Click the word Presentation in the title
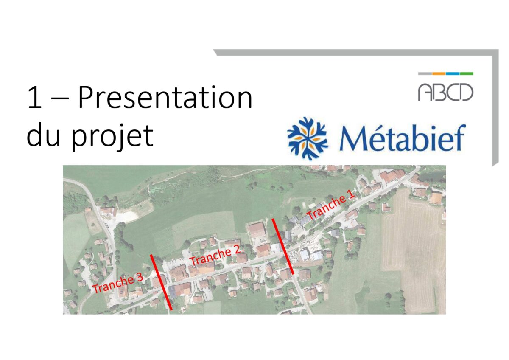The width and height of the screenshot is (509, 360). [x=165, y=97]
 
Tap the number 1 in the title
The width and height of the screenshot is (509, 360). [x=34, y=98]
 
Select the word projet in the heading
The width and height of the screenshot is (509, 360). [x=112, y=136]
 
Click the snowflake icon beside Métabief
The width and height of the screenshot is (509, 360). [x=308, y=138]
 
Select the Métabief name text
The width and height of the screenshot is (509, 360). [x=402, y=138]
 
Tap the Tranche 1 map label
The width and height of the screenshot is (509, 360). [x=330, y=205]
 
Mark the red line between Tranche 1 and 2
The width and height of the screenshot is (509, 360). [x=283, y=247]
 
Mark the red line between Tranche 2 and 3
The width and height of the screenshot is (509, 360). [x=161, y=282]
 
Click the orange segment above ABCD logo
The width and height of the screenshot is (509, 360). [x=439, y=74]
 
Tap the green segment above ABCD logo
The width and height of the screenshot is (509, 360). [x=467, y=74]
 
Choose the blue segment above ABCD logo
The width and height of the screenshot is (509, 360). [x=453, y=74]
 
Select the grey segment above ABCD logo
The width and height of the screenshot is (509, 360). [x=425, y=74]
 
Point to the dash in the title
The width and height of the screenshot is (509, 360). [x=60, y=99]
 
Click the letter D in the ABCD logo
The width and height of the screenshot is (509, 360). [x=466, y=92]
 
